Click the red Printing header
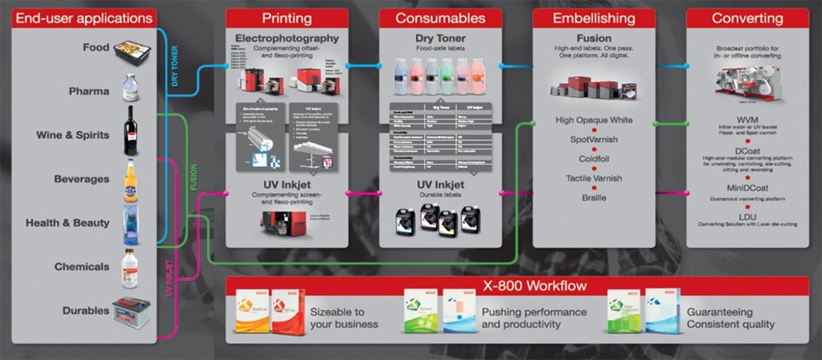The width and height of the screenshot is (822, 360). [287, 18]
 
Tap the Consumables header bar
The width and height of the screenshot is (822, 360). [440, 18]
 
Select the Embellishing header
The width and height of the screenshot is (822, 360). [594, 18]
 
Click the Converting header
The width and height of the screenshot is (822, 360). [747, 18]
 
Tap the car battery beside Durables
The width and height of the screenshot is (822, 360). [131, 312]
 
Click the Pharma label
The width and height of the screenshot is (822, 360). [89, 91]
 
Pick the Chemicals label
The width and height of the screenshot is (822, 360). [81, 267]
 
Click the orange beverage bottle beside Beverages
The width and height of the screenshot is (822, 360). [131, 180]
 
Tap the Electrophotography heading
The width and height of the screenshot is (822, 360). [287, 39]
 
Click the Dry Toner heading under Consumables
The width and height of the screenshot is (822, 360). [440, 39]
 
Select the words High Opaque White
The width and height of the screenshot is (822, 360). [594, 120]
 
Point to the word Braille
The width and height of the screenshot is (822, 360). [594, 198]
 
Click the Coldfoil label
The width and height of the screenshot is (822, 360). [594, 159]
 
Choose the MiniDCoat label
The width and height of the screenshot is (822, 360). [747, 188]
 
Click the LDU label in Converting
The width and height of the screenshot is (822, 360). [747, 216]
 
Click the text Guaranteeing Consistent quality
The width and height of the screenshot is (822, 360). [730, 318]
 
